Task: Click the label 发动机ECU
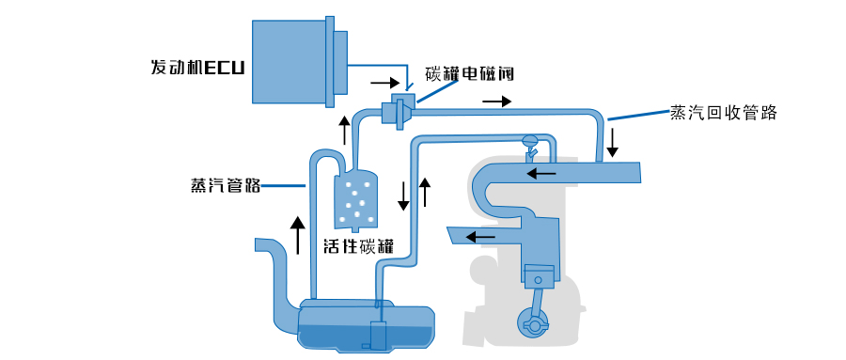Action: click(x=197, y=68)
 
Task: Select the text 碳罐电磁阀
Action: click(x=469, y=73)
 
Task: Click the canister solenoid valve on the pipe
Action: click(x=399, y=110)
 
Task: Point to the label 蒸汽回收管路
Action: click(x=723, y=112)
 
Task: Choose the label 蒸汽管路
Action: click(x=226, y=186)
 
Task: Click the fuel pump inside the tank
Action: click(x=378, y=334)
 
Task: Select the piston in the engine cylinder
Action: click(x=538, y=276)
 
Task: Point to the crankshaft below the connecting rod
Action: click(x=532, y=324)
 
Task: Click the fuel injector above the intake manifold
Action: click(x=530, y=146)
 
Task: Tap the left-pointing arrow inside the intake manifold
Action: click(x=541, y=173)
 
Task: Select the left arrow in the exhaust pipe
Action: click(x=481, y=237)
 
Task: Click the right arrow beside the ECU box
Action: click(x=384, y=83)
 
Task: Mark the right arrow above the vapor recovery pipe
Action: click(x=496, y=101)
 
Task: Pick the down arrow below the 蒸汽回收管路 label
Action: click(x=612, y=143)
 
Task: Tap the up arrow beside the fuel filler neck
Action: click(x=295, y=235)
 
